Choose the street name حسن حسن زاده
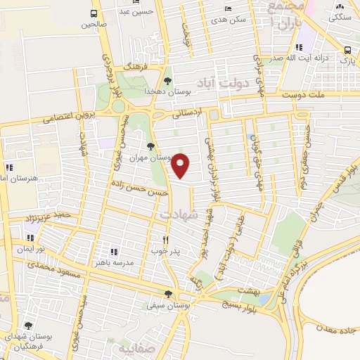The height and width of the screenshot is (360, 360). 139,187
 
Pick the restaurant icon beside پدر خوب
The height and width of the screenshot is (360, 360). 166,239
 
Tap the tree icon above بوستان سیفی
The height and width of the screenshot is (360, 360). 167,295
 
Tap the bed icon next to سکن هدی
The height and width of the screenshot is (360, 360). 226,8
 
